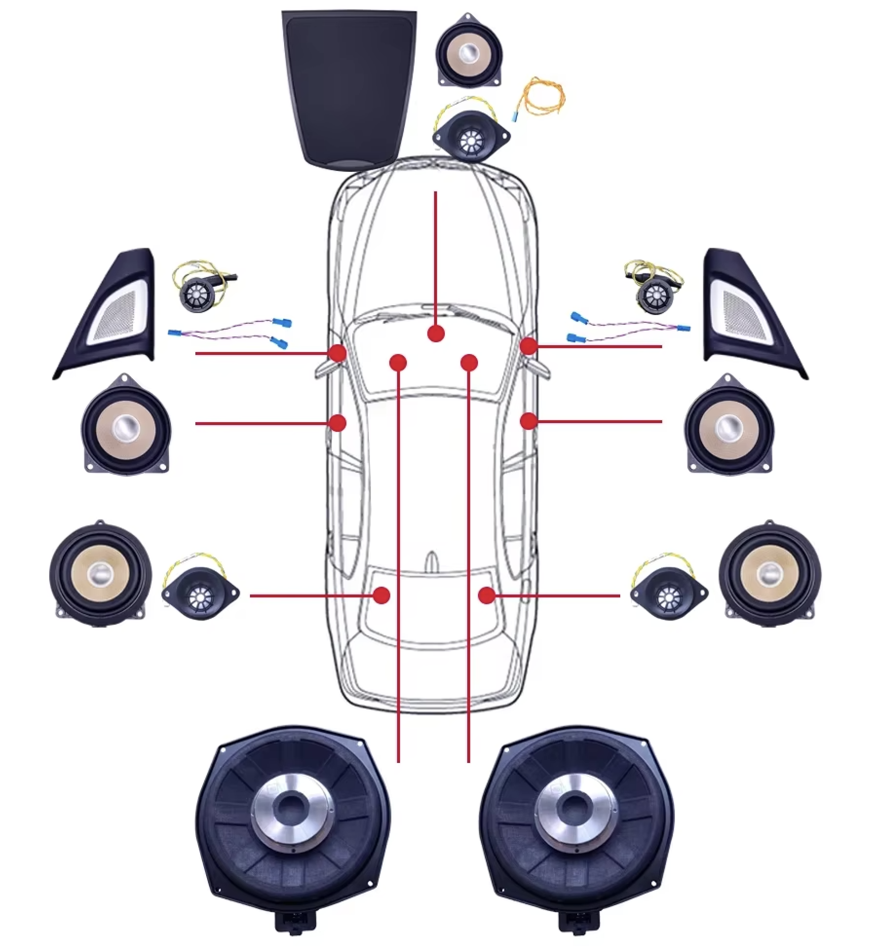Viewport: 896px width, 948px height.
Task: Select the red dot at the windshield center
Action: point(436,334)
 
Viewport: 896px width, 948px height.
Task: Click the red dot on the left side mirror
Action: point(338,353)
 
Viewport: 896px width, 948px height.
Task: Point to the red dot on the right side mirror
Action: point(528,346)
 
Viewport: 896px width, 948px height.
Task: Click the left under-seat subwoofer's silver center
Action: point(293,808)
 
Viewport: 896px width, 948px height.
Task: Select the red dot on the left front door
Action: point(338,423)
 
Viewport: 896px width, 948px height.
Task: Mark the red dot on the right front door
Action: point(528,421)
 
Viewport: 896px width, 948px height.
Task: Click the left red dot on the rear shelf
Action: point(382,595)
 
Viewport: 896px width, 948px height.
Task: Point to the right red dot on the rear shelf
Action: point(487,595)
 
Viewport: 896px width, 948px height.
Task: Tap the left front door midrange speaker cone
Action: point(126,427)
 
